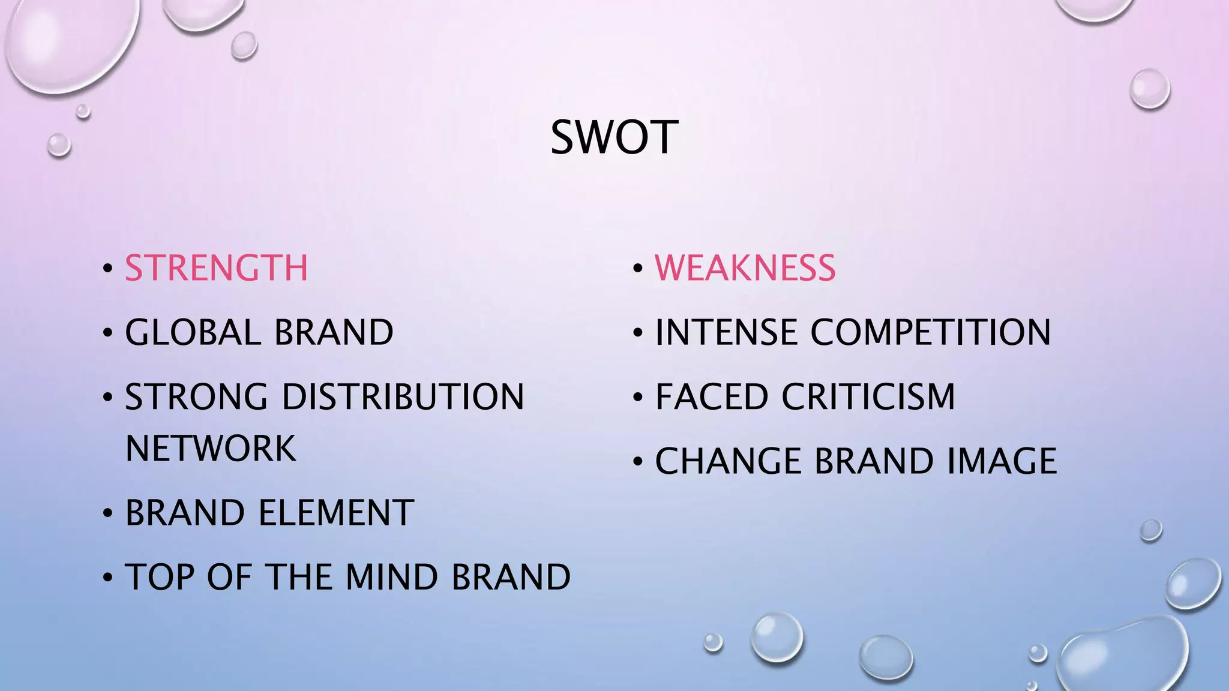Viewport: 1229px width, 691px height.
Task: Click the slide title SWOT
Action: click(614, 137)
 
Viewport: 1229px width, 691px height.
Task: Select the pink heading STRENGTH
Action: click(216, 268)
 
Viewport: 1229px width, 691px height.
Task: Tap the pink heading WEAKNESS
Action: click(745, 268)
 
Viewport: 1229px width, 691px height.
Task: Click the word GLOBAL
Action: click(191, 332)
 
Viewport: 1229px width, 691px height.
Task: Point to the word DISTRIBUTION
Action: click(403, 396)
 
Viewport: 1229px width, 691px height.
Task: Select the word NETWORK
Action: click(211, 448)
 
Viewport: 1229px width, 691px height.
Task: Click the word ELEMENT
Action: click(336, 513)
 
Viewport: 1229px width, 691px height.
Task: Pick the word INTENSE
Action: click(726, 332)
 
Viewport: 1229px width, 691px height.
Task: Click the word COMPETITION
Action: click(931, 332)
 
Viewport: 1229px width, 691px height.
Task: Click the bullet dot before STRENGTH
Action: click(107, 269)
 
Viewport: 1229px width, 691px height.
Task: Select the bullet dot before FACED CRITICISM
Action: click(638, 398)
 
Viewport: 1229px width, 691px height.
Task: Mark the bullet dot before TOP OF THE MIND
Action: click(107, 578)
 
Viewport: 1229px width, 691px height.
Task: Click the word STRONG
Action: click(196, 396)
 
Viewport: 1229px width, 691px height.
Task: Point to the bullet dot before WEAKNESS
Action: click(638, 269)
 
